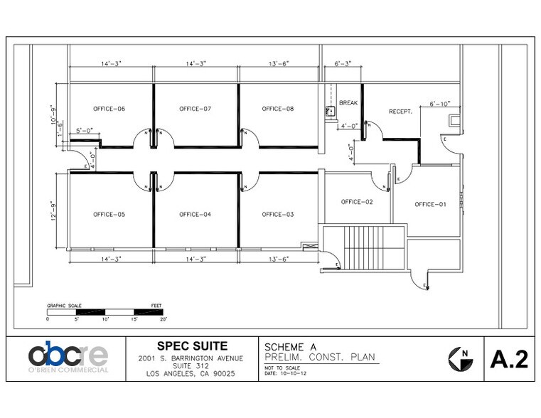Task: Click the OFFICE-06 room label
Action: click(x=109, y=109)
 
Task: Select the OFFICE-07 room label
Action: click(x=195, y=109)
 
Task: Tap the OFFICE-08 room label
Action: click(x=277, y=109)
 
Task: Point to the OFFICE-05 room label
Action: click(x=109, y=214)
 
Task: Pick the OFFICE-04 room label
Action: click(x=195, y=214)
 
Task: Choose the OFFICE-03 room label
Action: click(x=277, y=214)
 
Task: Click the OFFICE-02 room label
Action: click(x=357, y=202)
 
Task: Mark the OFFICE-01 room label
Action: click(x=430, y=205)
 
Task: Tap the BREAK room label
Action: click(x=348, y=103)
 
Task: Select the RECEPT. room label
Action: click(x=401, y=112)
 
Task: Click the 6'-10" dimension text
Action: click(x=441, y=104)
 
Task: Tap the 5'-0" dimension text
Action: click(x=84, y=130)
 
